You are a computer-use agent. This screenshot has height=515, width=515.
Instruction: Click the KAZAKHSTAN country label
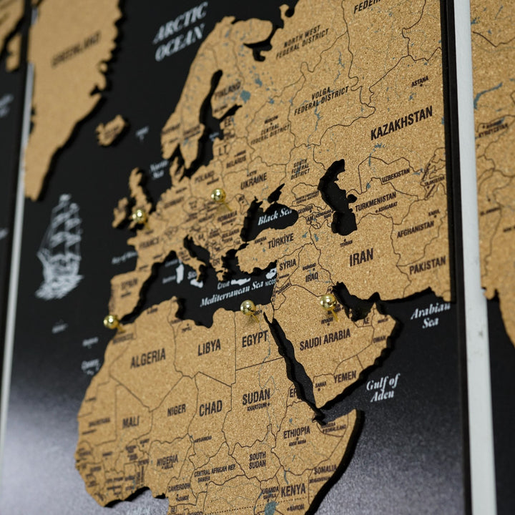coord(401,123)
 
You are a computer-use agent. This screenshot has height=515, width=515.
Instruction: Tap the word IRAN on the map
coord(361,257)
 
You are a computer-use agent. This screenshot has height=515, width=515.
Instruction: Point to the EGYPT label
coord(255,339)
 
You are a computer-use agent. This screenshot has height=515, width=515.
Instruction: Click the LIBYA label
coord(209,348)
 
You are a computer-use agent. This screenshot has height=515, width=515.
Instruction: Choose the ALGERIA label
coord(148,357)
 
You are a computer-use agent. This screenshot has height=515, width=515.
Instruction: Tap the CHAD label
coord(210,408)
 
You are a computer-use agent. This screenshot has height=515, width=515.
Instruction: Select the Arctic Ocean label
coord(180,31)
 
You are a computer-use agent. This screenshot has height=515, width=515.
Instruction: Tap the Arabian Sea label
coord(430,315)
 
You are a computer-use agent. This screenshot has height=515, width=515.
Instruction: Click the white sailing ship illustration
coord(60,247)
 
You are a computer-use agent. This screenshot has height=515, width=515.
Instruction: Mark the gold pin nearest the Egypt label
coord(248,308)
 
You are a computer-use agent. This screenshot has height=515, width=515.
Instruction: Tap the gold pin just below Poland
coord(218,195)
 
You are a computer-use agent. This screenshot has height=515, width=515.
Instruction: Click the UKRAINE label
coord(253,181)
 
